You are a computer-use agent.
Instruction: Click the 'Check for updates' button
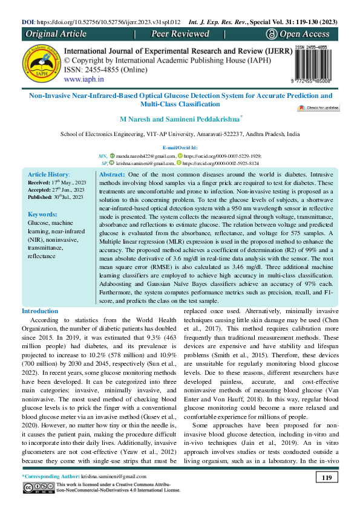point(335,108)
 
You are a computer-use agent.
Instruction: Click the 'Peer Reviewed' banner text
point(180,34)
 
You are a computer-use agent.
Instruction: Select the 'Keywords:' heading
point(43,214)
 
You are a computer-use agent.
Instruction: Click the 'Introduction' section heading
point(40,311)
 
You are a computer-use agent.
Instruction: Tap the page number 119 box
point(326,479)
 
